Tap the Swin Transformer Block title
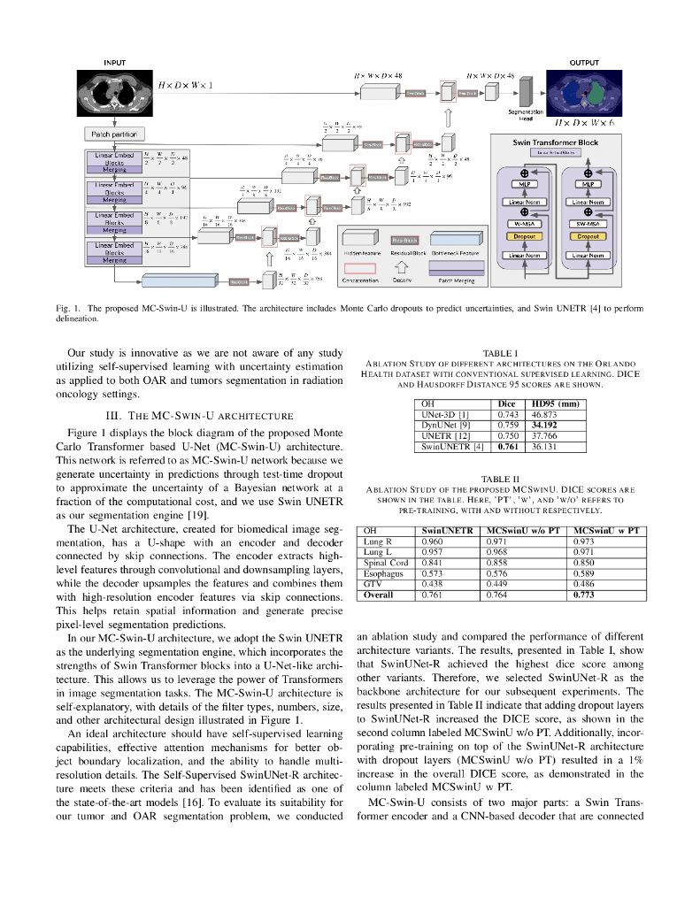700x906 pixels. coord(556,142)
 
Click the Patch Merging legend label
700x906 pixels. coord(457,280)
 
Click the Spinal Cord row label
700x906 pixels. coord(386,563)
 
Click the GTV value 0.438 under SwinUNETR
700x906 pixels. coord(433,584)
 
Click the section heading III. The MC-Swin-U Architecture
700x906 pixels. coord(200,415)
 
